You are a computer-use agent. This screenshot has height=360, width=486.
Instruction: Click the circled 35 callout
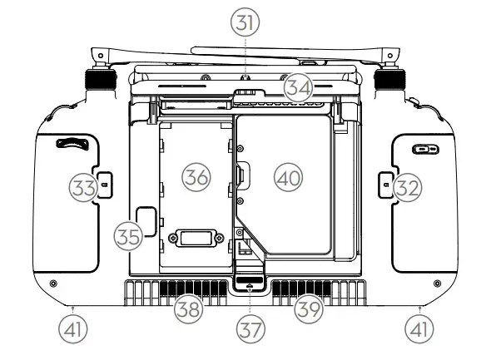click(126, 235)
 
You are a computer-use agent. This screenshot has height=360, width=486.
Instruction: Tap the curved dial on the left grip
click(72, 143)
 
